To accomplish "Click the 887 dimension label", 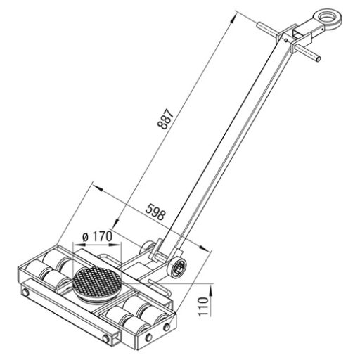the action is click(x=166, y=119).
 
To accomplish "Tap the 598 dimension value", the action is click(x=155, y=212).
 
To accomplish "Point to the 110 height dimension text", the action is click(x=204, y=307).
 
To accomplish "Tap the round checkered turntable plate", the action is click(x=97, y=283).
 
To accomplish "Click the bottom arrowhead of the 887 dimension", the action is click(x=117, y=222).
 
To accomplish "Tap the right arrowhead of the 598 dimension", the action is click(x=204, y=247).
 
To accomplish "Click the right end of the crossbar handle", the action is click(x=318, y=58).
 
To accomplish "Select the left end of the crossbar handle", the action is click(x=259, y=25).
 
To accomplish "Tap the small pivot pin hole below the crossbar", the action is click(x=285, y=41).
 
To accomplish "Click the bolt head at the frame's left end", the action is click(x=25, y=292).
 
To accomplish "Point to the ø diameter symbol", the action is click(x=86, y=238).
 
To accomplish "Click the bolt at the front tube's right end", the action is click(x=106, y=338).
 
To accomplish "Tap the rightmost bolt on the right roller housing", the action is click(x=167, y=327).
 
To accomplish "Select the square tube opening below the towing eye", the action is click(x=297, y=32).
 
